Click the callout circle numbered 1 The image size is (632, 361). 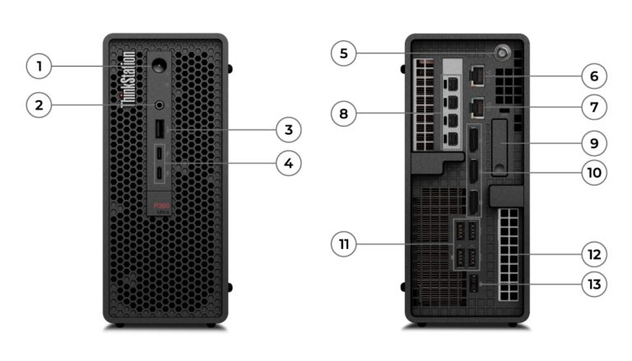39,65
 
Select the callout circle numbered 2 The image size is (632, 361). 39,104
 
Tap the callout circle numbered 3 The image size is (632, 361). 287,129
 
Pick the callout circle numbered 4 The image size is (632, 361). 287,163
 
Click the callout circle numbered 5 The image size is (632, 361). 344,54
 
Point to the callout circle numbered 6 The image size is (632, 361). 593,76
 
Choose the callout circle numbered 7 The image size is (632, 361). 593,107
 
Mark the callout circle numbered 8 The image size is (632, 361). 344,112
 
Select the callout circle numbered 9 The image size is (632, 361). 593,142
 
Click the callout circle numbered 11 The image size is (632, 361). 344,243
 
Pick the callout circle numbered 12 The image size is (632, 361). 593,255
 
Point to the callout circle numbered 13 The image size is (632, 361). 593,285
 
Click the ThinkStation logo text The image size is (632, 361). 128,79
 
